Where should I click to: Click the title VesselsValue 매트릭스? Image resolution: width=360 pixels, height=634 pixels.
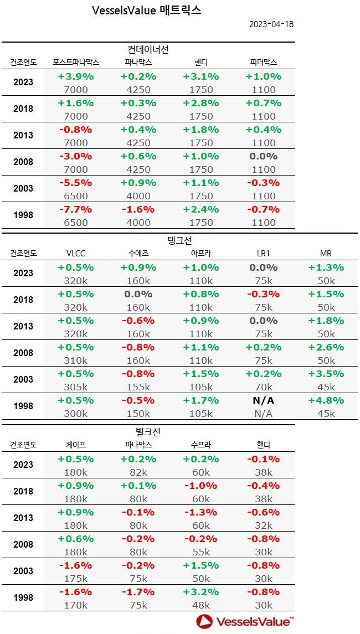pyautogui.click(x=147, y=11)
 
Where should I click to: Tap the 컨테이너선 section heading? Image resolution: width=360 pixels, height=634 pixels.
pyautogui.click(x=148, y=49)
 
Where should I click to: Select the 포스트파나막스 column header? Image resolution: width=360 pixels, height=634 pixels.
pyautogui.click(x=76, y=62)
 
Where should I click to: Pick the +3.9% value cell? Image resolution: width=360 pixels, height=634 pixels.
pyautogui.click(x=76, y=76)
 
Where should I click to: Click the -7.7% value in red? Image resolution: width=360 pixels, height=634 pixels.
pyautogui.click(x=76, y=209)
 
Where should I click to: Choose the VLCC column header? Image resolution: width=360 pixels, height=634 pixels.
pyautogui.click(x=76, y=253)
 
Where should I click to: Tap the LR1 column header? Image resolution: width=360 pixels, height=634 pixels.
pyautogui.click(x=263, y=253)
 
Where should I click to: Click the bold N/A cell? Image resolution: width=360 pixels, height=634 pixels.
pyautogui.click(x=263, y=400)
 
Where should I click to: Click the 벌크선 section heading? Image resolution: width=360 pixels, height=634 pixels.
pyautogui.click(x=148, y=431)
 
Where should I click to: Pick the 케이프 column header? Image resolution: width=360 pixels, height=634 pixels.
pyautogui.click(x=76, y=444)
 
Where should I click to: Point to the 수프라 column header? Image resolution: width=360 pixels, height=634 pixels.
pyautogui.click(x=200, y=444)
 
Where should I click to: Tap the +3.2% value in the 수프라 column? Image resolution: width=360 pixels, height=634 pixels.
pyautogui.click(x=200, y=591)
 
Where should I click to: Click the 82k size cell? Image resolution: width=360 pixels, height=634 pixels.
pyautogui.click(x=138, y=472)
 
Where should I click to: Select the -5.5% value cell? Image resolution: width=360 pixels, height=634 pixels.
pyautogui.click(x=76, y=183)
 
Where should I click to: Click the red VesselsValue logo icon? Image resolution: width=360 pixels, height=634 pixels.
pyautogui.click(x=205, y=621)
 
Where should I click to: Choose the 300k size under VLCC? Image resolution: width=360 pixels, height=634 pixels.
pyautogui.click(x=76, y=414)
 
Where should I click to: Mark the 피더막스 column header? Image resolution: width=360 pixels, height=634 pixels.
pyautogui.click(x=263, y=62)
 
